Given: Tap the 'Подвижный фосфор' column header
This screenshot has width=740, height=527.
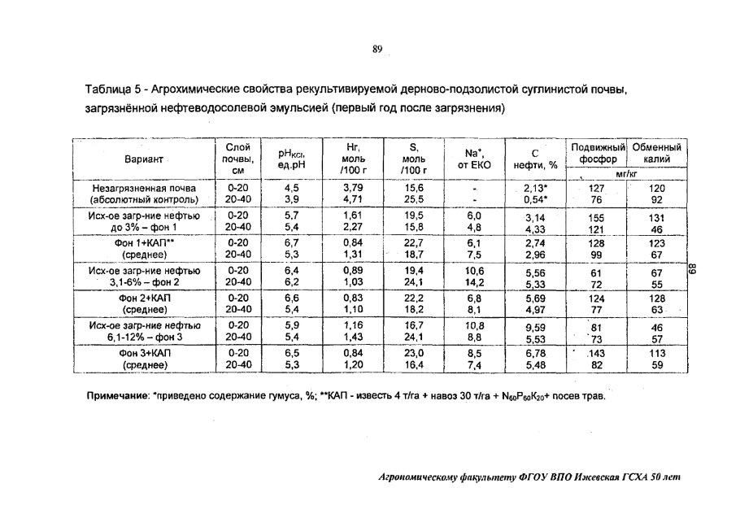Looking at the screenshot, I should click(x=598, y=153).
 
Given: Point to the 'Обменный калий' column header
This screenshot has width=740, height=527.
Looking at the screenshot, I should click(x=658, y=153).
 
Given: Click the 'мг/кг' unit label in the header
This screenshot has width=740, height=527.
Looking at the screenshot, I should click(x=627, y=173).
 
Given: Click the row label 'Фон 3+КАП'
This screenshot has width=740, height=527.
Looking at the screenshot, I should click(x=144, y=354).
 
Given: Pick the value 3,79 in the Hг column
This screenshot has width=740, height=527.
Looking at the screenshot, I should click(x=352, y=186).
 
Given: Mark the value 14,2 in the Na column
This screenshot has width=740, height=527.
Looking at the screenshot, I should click(x=473, y=284).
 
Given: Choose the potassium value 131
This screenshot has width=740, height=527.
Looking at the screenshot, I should click(x=658, y=217).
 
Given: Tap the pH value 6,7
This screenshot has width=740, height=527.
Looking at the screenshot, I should click(x=291, y=242).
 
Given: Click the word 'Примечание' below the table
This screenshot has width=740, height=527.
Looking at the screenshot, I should click(x=115, y=397).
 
